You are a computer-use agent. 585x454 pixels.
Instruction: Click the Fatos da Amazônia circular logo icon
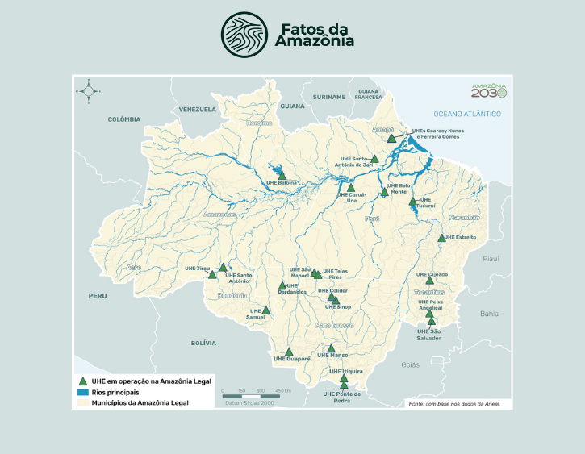(245, 32)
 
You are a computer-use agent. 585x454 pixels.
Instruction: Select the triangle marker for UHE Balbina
(282, 175)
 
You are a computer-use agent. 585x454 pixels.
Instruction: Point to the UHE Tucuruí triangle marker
(412, 202)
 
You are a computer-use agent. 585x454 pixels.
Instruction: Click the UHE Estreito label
(461, 238)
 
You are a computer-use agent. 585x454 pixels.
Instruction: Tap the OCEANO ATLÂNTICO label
(467, 115)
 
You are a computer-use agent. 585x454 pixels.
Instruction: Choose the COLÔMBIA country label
(124, 119)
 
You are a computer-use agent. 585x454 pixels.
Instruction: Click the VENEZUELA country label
(198, 109)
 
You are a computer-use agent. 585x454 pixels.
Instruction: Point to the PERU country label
(98, 296)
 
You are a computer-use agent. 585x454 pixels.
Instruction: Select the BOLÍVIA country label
(203, 343)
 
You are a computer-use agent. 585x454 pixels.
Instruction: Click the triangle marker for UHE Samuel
(265, 310)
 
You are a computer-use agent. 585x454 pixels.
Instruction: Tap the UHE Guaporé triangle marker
(289, 352)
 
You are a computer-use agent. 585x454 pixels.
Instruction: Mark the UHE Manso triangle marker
(331, 348)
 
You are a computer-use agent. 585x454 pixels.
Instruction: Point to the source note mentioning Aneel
(458, 403)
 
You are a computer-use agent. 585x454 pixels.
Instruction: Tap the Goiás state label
(410, 364)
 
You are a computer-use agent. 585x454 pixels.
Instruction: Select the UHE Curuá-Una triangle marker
(350, 188)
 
